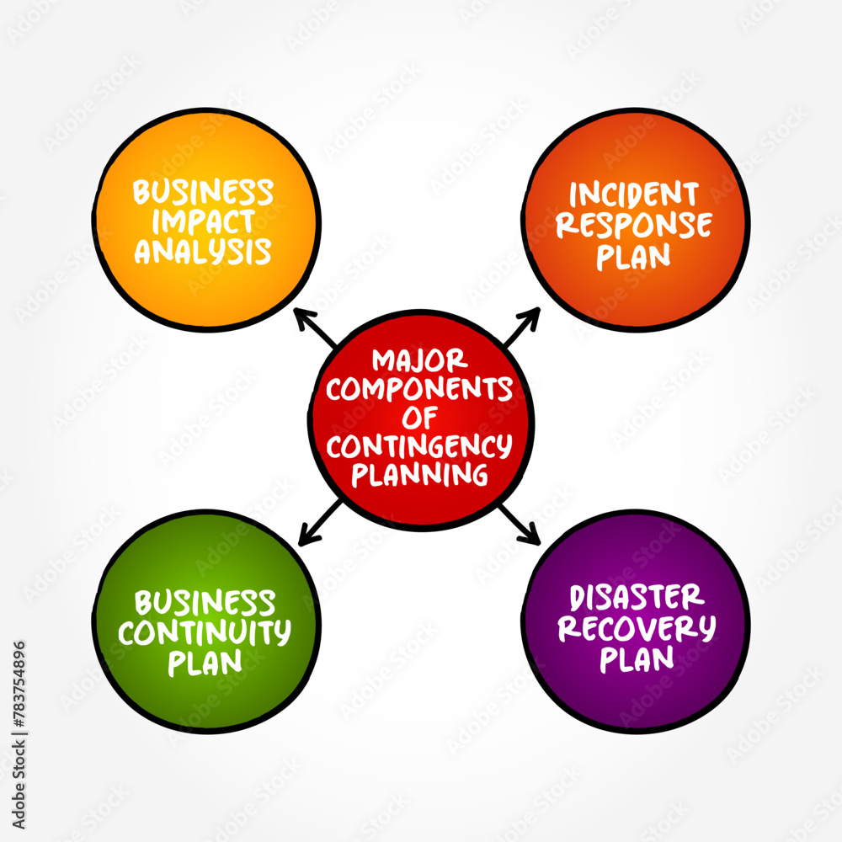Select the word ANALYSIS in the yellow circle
coord(204,251)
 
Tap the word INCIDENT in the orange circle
coord(634,195)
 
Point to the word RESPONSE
coord(634,225)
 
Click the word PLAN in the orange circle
coord(634,256)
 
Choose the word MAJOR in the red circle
coord(419,361)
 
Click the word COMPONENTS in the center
coord(419,389)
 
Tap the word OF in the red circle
coord(419,417)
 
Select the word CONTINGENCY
coord(419,445)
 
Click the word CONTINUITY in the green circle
coord(205,631)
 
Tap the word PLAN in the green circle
coord(205,662)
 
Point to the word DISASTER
coord(637,598)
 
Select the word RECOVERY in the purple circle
coord(637,628)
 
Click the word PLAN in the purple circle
coord(637,658)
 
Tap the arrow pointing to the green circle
coord(320,520)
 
